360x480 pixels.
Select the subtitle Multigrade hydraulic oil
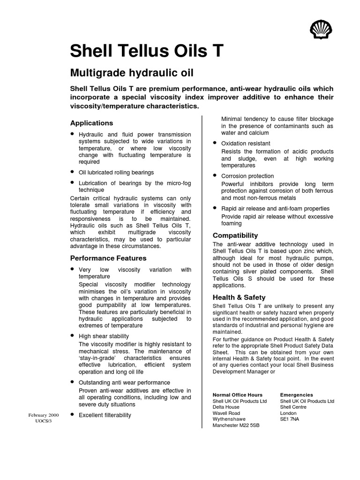point(132,73)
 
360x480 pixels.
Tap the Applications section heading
point(91,123)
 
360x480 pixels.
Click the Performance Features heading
point(108,258)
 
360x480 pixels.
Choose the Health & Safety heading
point(239,297)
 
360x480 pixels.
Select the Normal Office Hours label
point(238,395)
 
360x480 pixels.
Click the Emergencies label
point(297,395)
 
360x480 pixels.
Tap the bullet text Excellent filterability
point(105,415)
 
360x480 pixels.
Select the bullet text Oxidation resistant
point(246,143)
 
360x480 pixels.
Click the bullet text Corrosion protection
point(247,176)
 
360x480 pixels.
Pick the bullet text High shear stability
point(104,336)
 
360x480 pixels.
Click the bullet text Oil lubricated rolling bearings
point(116,172)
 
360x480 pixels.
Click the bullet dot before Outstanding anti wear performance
point(72,382)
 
